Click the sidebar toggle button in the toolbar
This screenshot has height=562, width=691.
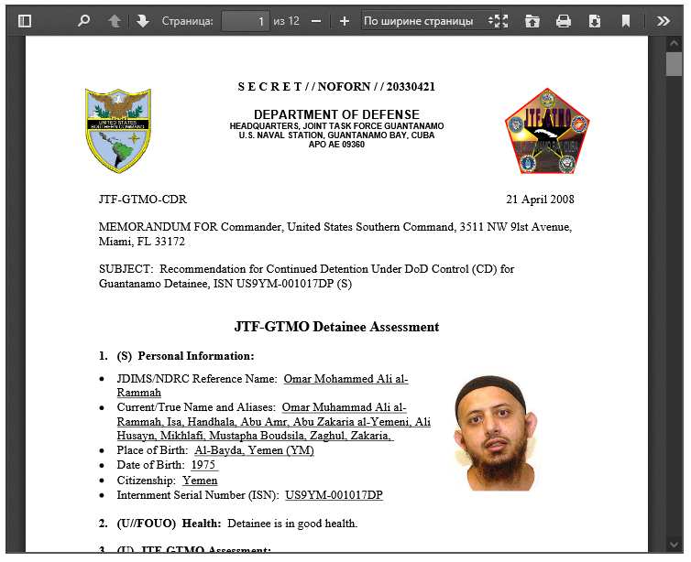click(25, 21)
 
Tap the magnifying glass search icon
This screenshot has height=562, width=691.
click(83, 21)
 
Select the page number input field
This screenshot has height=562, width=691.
click(245, 21)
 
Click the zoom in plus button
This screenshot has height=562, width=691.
click(345, 21)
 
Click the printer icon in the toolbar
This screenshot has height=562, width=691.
click(564, 21)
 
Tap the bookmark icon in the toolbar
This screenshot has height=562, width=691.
click(626, 21)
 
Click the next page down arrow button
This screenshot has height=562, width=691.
click(142, 21)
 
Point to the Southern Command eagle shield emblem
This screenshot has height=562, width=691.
click(118, 131)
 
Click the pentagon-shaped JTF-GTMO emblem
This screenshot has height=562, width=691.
click(547, 131)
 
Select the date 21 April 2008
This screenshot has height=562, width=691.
click(540, 200)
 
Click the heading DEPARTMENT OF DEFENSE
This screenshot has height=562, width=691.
click(336, 114)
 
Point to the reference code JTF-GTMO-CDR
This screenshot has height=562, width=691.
click(142, 200)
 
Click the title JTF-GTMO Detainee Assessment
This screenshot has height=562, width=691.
click(336, 327)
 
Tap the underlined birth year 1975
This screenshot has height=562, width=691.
click(203, 465)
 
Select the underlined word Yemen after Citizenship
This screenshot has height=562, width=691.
click(200, 481)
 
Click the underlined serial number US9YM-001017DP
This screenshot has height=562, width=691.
click(334, 495)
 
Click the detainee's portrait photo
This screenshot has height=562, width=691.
click(496, 434)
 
